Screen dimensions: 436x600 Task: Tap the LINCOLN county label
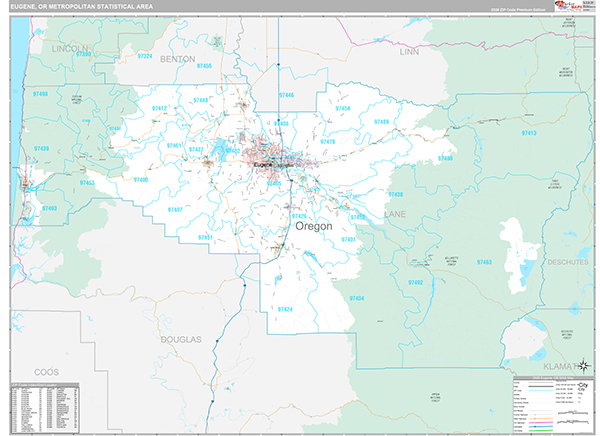pos(70,48)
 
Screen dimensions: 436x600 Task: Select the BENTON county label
pos(177,59)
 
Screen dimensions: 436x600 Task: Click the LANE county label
pos(396,213)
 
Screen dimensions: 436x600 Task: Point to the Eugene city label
pos(262,164)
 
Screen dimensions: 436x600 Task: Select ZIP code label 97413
pos(529,132)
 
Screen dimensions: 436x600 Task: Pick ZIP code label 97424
pos(284,309)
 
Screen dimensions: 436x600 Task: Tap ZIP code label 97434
pos(357,298)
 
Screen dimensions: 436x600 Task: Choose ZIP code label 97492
pos(415,283)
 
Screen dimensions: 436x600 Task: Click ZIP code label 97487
pos(174,209)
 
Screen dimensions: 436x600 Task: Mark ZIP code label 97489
pos(382,121)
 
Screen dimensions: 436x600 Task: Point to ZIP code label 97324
pos(144,56)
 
